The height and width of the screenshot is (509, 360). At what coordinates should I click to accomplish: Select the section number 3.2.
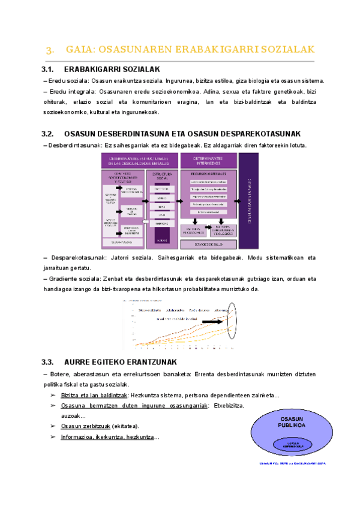49,133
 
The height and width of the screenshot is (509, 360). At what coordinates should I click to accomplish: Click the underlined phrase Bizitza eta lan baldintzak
94,396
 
